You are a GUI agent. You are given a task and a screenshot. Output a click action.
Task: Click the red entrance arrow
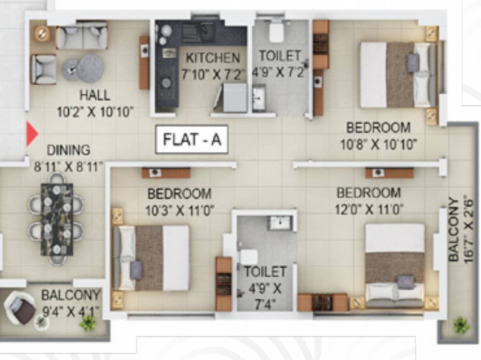click(x=31, y=134)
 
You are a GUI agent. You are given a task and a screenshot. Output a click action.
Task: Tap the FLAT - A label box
click(x=192, y=139)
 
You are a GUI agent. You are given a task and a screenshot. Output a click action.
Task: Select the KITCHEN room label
click(x=213, y=58)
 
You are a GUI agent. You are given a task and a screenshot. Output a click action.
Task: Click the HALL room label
click(x=95, y=95)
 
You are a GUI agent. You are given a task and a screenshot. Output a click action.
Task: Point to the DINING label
click(x=68, y=150)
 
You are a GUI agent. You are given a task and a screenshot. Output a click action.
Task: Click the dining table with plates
click(x=57, y=219)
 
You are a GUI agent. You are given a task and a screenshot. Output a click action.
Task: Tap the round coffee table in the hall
click(x=90, y=68)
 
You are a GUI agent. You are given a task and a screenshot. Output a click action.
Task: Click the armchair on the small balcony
click(x=20, y=307)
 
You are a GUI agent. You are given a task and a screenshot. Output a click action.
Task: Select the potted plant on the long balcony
click(x=461, y=325)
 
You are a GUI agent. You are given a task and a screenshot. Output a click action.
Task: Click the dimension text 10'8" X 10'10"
click(x=378, y=144)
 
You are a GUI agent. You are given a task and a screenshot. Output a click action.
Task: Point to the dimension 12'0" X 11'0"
click(x=369, y=209)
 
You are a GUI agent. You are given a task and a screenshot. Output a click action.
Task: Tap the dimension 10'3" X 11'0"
click(x=180, y=210)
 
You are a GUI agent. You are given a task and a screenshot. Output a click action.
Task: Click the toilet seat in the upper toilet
click(x=276, y=32)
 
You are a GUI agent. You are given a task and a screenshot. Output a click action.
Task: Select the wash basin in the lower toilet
click(x=280, y=223)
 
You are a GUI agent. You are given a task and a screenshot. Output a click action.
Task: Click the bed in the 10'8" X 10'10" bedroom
click(x=398, y=75)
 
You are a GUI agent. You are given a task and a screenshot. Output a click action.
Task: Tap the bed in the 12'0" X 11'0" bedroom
click(x=395, y=265)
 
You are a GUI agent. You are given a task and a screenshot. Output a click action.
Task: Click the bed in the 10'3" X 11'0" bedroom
click(x=151, y=258)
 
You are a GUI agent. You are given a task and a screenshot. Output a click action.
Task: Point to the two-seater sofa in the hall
click(x=82, y=37)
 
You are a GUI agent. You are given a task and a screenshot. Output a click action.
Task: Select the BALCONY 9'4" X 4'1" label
click(x=71, y=303)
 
